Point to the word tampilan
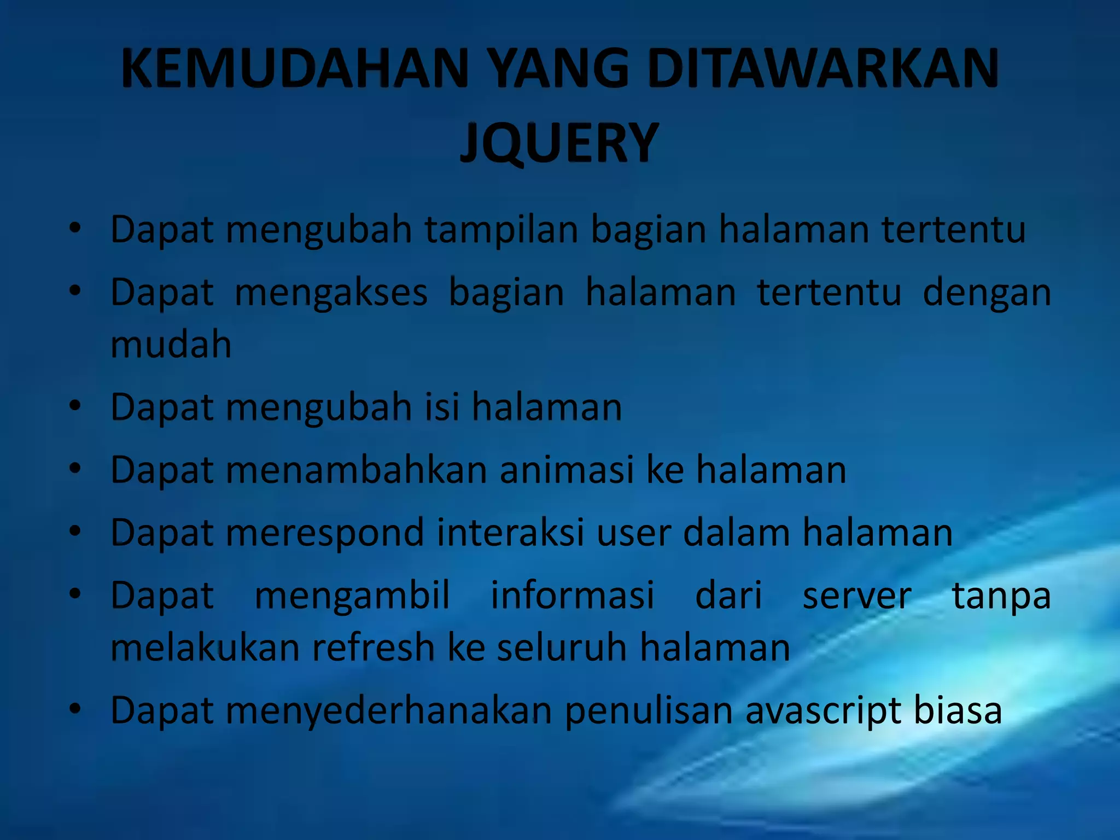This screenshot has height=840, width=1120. [501, 230]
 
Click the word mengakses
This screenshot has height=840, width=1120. [331, 293]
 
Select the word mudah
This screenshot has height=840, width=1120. [171, 345]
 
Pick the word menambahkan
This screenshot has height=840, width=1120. [356, 470]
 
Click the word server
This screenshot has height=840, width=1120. [856, 596]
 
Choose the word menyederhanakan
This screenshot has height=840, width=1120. [389, 711]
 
